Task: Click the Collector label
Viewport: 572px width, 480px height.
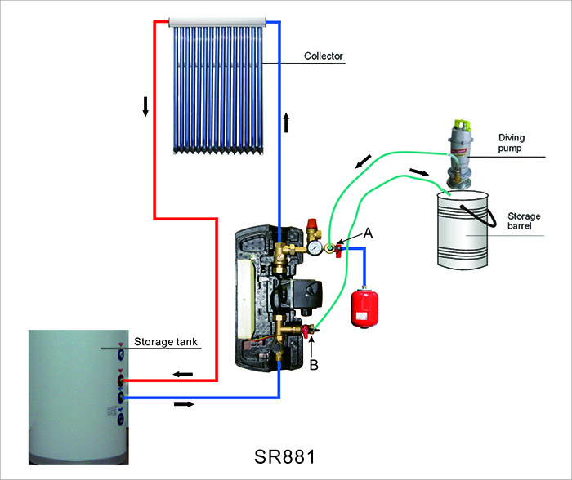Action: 323,56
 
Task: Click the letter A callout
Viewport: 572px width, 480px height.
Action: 368,233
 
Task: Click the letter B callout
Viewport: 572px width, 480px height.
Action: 313,365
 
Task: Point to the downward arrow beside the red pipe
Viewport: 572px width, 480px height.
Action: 145,106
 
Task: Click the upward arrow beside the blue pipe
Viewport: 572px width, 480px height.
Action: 287,122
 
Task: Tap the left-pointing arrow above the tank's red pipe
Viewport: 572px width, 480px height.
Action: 182,374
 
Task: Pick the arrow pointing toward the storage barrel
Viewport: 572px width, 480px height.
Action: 418,172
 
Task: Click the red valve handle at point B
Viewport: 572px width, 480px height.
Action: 306,332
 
